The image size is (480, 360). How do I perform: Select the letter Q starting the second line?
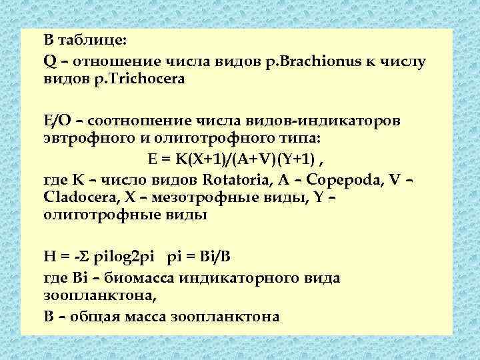[49, 62]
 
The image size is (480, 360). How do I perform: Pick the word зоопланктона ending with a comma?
[90, 294]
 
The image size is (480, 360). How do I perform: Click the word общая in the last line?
[98, 316]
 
